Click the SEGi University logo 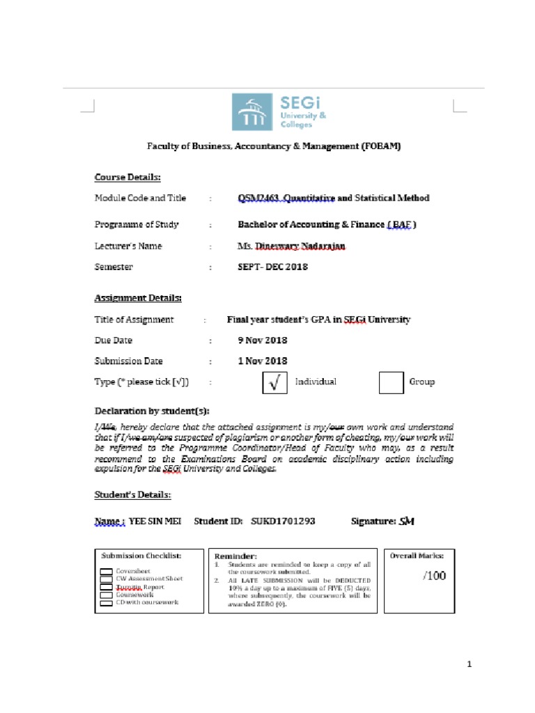[x=279, y=111]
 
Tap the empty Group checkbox [x=391, y=382]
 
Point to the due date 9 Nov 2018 [x=263, y=340]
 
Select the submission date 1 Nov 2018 [x=263, y=361]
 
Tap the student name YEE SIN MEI [x=155, y=521]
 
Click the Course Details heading [x=127, y=177]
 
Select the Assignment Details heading [x=138, y=298]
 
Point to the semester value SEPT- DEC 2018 [x=272, y=267]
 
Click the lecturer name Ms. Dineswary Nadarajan [x=291, y=246]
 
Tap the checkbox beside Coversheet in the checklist [x=106, y=571]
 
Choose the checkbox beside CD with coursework [x=106, y=602]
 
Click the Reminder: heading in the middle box [x=235, y=556]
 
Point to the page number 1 [x=470, y=664]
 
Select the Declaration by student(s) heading [x=152, y=411]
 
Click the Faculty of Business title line [x=273, y=146]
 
